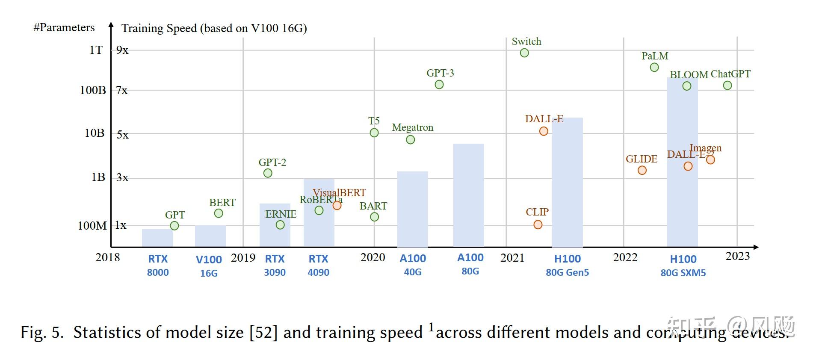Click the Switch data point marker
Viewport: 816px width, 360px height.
[524, 53]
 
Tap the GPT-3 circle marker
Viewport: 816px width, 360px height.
[439, 85]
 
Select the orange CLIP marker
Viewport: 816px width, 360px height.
[538, 225]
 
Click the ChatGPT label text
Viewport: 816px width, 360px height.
[730, 74]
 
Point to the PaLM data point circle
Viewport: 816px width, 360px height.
[654, 68]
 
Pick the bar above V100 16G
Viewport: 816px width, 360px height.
[210, 236]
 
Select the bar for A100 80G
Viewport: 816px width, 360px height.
[469, 195]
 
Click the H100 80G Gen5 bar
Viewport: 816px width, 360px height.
[568, 182]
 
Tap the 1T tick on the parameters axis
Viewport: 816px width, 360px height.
[96, 50]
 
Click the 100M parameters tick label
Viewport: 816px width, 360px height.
[92, 226]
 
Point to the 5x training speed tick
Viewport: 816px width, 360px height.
[122, 135]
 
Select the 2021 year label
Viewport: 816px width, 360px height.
[512, 258]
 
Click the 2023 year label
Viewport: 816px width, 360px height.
[738, 256]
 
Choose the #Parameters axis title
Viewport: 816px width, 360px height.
[64, 28]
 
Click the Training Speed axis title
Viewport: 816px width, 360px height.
[214, 28]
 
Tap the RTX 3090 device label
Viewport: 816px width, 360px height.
[275, 265]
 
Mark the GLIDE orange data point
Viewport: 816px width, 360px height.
[642, 171]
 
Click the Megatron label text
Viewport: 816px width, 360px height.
[413, 127]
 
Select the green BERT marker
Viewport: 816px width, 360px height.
[219, 213]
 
